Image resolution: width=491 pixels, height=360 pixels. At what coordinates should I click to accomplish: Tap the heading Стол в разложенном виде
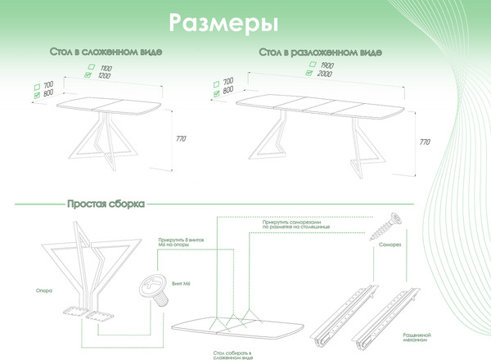pos(319,52)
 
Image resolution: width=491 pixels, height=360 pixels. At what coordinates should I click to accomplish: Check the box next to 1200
pos(88,75)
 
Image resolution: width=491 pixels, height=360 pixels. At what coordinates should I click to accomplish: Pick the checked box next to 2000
pos(309,73)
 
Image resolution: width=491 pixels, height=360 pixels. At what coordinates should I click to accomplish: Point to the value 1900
pos(327,64)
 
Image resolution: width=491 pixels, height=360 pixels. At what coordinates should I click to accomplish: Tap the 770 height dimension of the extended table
pos(425,142)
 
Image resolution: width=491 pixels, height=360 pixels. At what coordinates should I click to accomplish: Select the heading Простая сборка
pos(106,203)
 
